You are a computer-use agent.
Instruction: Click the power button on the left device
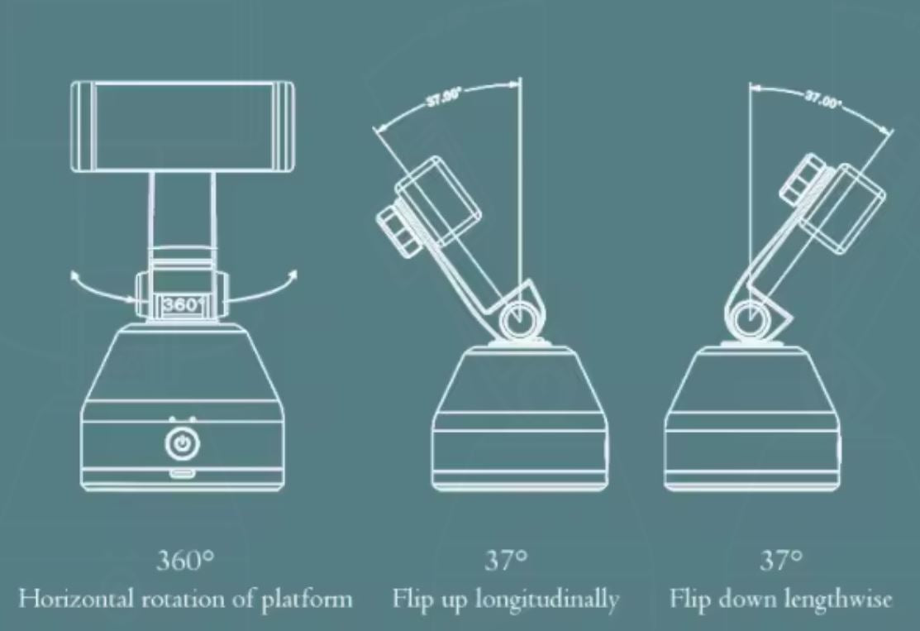pyautogui.click(x=181, y=444)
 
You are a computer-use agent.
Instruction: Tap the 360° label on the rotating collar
pyautogui.click(x=181, y=304)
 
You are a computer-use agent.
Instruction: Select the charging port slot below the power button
pyautogui.click(x=181, y=474)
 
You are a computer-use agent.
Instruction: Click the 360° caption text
pyautogui.click(x=185, y=562)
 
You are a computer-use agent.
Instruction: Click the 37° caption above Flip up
pyautogui.click(x=506, y=562)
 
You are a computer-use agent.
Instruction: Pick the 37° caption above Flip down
pyautogui.click(x=781, y=562)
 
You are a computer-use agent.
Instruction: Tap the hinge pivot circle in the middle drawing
pyautogui.click(x=520, y=317)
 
